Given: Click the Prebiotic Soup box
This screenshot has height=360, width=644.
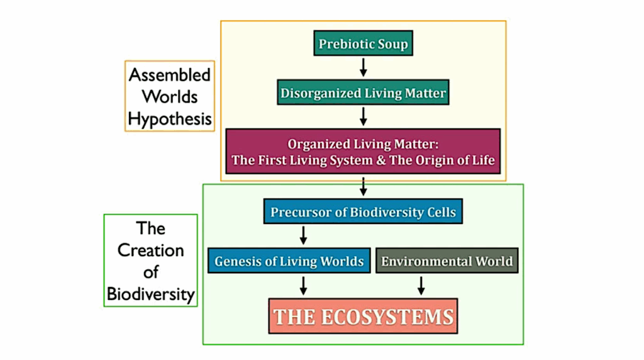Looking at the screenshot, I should click(x=363, y=44).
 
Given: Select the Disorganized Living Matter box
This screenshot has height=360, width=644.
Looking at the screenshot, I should click(x=363, y=93).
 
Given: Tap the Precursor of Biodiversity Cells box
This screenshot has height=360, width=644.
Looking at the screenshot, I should click(x=363, y=211).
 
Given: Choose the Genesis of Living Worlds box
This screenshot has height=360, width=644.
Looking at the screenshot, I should click(x=289, y=261).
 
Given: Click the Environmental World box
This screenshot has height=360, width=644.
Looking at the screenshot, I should click(x=447, y=261).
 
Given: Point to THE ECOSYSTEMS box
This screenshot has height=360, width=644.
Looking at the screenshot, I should click(x=364, y=316).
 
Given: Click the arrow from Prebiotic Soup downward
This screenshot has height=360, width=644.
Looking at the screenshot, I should click(x=363, y=67).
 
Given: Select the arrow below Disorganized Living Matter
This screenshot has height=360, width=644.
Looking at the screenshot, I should click(x=363, y=116).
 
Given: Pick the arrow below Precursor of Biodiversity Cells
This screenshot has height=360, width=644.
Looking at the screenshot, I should click(x=303, y=235).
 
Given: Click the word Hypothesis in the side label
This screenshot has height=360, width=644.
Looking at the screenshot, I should click(x=170, y=118).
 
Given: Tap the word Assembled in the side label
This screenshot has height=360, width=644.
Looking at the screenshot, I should click(x=170, y=76).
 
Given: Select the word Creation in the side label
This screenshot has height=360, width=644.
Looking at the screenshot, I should click(x=151, y=250).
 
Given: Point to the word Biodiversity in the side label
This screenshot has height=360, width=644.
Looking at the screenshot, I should click(x=151, y=293).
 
